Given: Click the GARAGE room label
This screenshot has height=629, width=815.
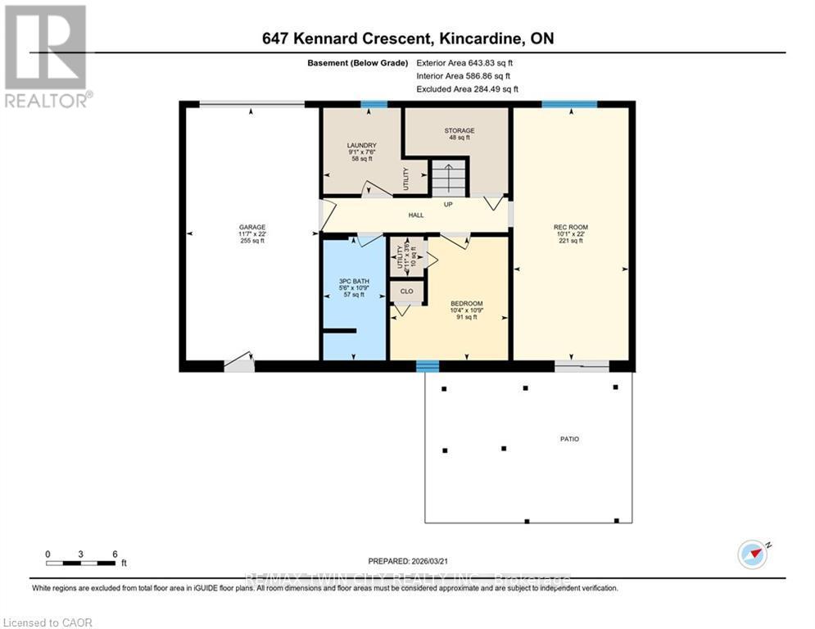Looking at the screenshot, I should [x=252, y=228].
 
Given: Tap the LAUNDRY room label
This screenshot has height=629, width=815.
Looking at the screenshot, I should [x=361, y=145].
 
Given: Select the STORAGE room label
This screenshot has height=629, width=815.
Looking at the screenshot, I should [x=459, y=130].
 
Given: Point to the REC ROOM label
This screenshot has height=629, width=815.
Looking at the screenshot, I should [x=570, y=227].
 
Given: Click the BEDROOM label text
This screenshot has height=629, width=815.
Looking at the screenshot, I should [x=466, y=303].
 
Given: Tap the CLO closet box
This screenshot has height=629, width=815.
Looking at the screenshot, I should [x=405, y=291].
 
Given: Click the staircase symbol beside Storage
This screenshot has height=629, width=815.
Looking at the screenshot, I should [x=447, y=179].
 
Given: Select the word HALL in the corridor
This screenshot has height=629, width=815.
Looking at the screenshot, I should [x=415, y=215].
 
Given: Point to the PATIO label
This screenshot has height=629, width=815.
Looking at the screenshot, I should [x=569, y=439].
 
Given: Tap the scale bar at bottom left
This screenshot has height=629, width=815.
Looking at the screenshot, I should [x=81, y=563].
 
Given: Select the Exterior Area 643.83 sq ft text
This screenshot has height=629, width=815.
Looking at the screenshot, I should [x=465, y=62].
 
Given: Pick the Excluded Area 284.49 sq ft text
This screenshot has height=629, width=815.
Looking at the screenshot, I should [x=467, y=88].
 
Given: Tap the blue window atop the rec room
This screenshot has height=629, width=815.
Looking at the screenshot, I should [x=569, y=104].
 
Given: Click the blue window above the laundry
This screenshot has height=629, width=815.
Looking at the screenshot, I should [x=374, y=104].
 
